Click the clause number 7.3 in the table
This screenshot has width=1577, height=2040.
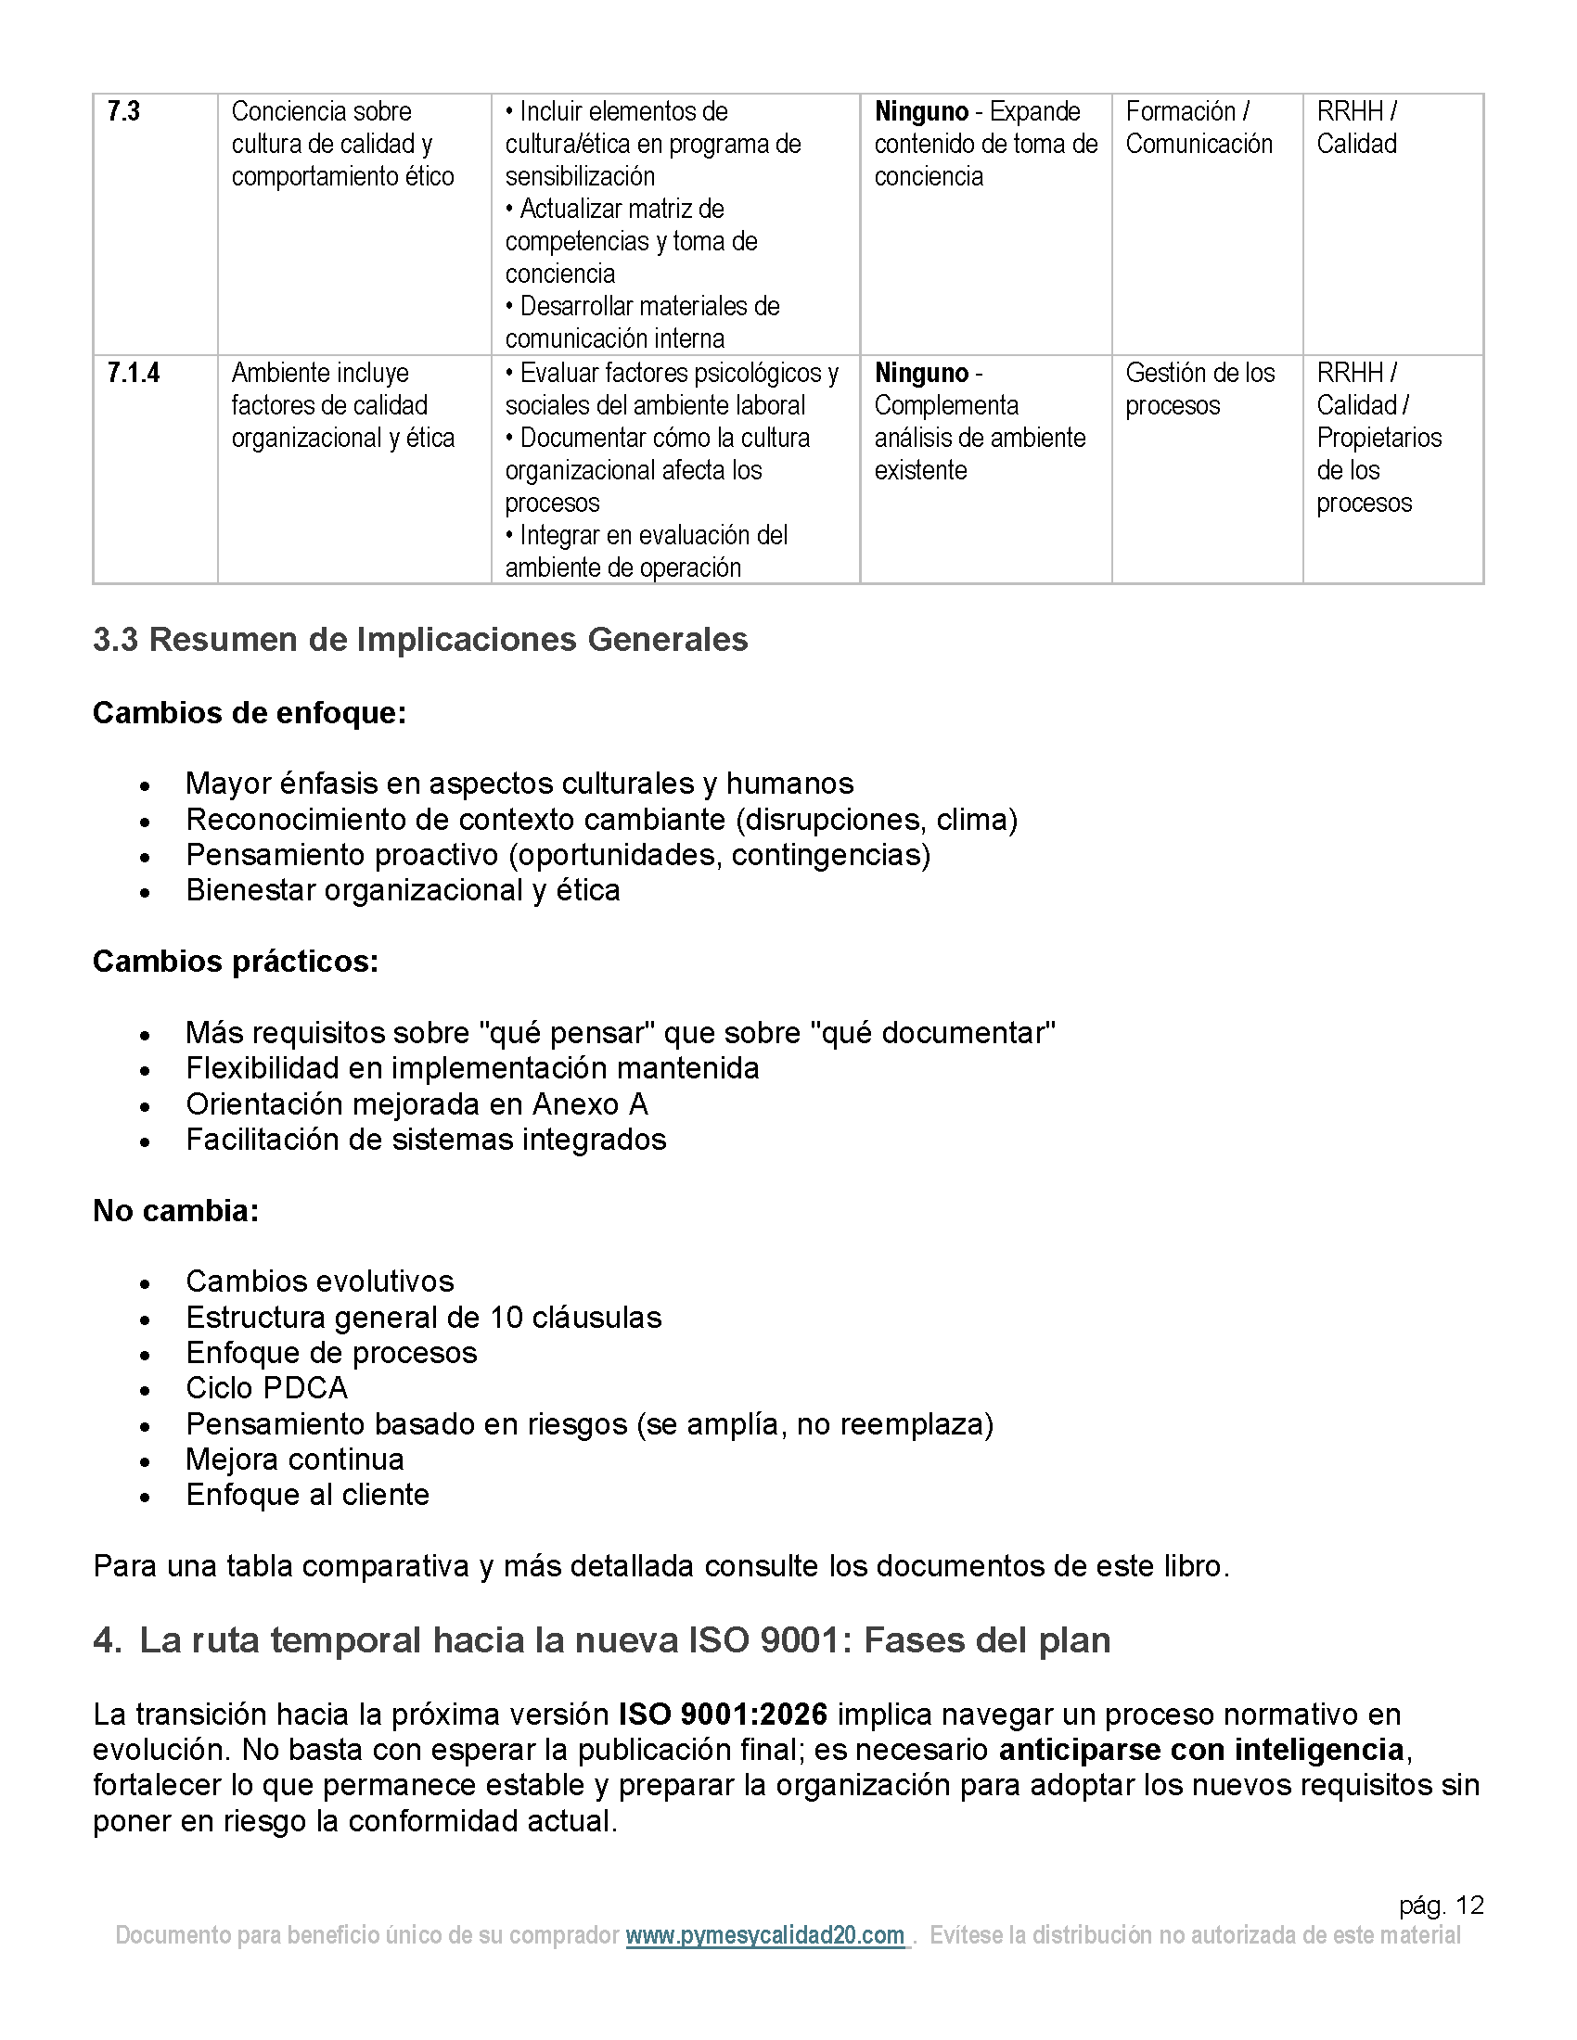click(123, 112)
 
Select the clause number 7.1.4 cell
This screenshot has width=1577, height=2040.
click(134, 374)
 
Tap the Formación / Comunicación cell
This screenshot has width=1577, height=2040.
click(1199, 128)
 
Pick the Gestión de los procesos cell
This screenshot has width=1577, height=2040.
click(1199, 389)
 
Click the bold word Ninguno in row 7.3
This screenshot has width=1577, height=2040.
click(921, 112)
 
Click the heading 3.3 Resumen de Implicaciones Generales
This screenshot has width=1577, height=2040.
click(420, 640)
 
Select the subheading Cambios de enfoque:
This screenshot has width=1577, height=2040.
click(250, 713)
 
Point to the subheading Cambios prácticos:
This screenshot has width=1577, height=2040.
click(236, 962)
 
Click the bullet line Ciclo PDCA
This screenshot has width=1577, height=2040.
click(266, 1388)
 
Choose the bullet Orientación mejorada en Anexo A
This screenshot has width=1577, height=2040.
click(417, 1104)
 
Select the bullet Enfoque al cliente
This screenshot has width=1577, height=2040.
click(307, 1495)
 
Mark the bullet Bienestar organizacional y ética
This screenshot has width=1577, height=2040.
click(403, 890)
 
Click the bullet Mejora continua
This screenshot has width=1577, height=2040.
click(295, 1459)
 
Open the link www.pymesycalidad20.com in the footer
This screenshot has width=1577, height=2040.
click(765, 1935)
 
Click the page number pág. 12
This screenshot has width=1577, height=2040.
click(1441, 1905)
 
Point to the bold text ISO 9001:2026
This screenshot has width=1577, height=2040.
click(724, 1714)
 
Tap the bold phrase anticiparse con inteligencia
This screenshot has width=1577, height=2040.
click(1201, 1750)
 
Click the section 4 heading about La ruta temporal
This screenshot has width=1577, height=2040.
click(602, 1640)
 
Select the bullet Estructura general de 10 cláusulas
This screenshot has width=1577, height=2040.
click(423, 1317)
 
